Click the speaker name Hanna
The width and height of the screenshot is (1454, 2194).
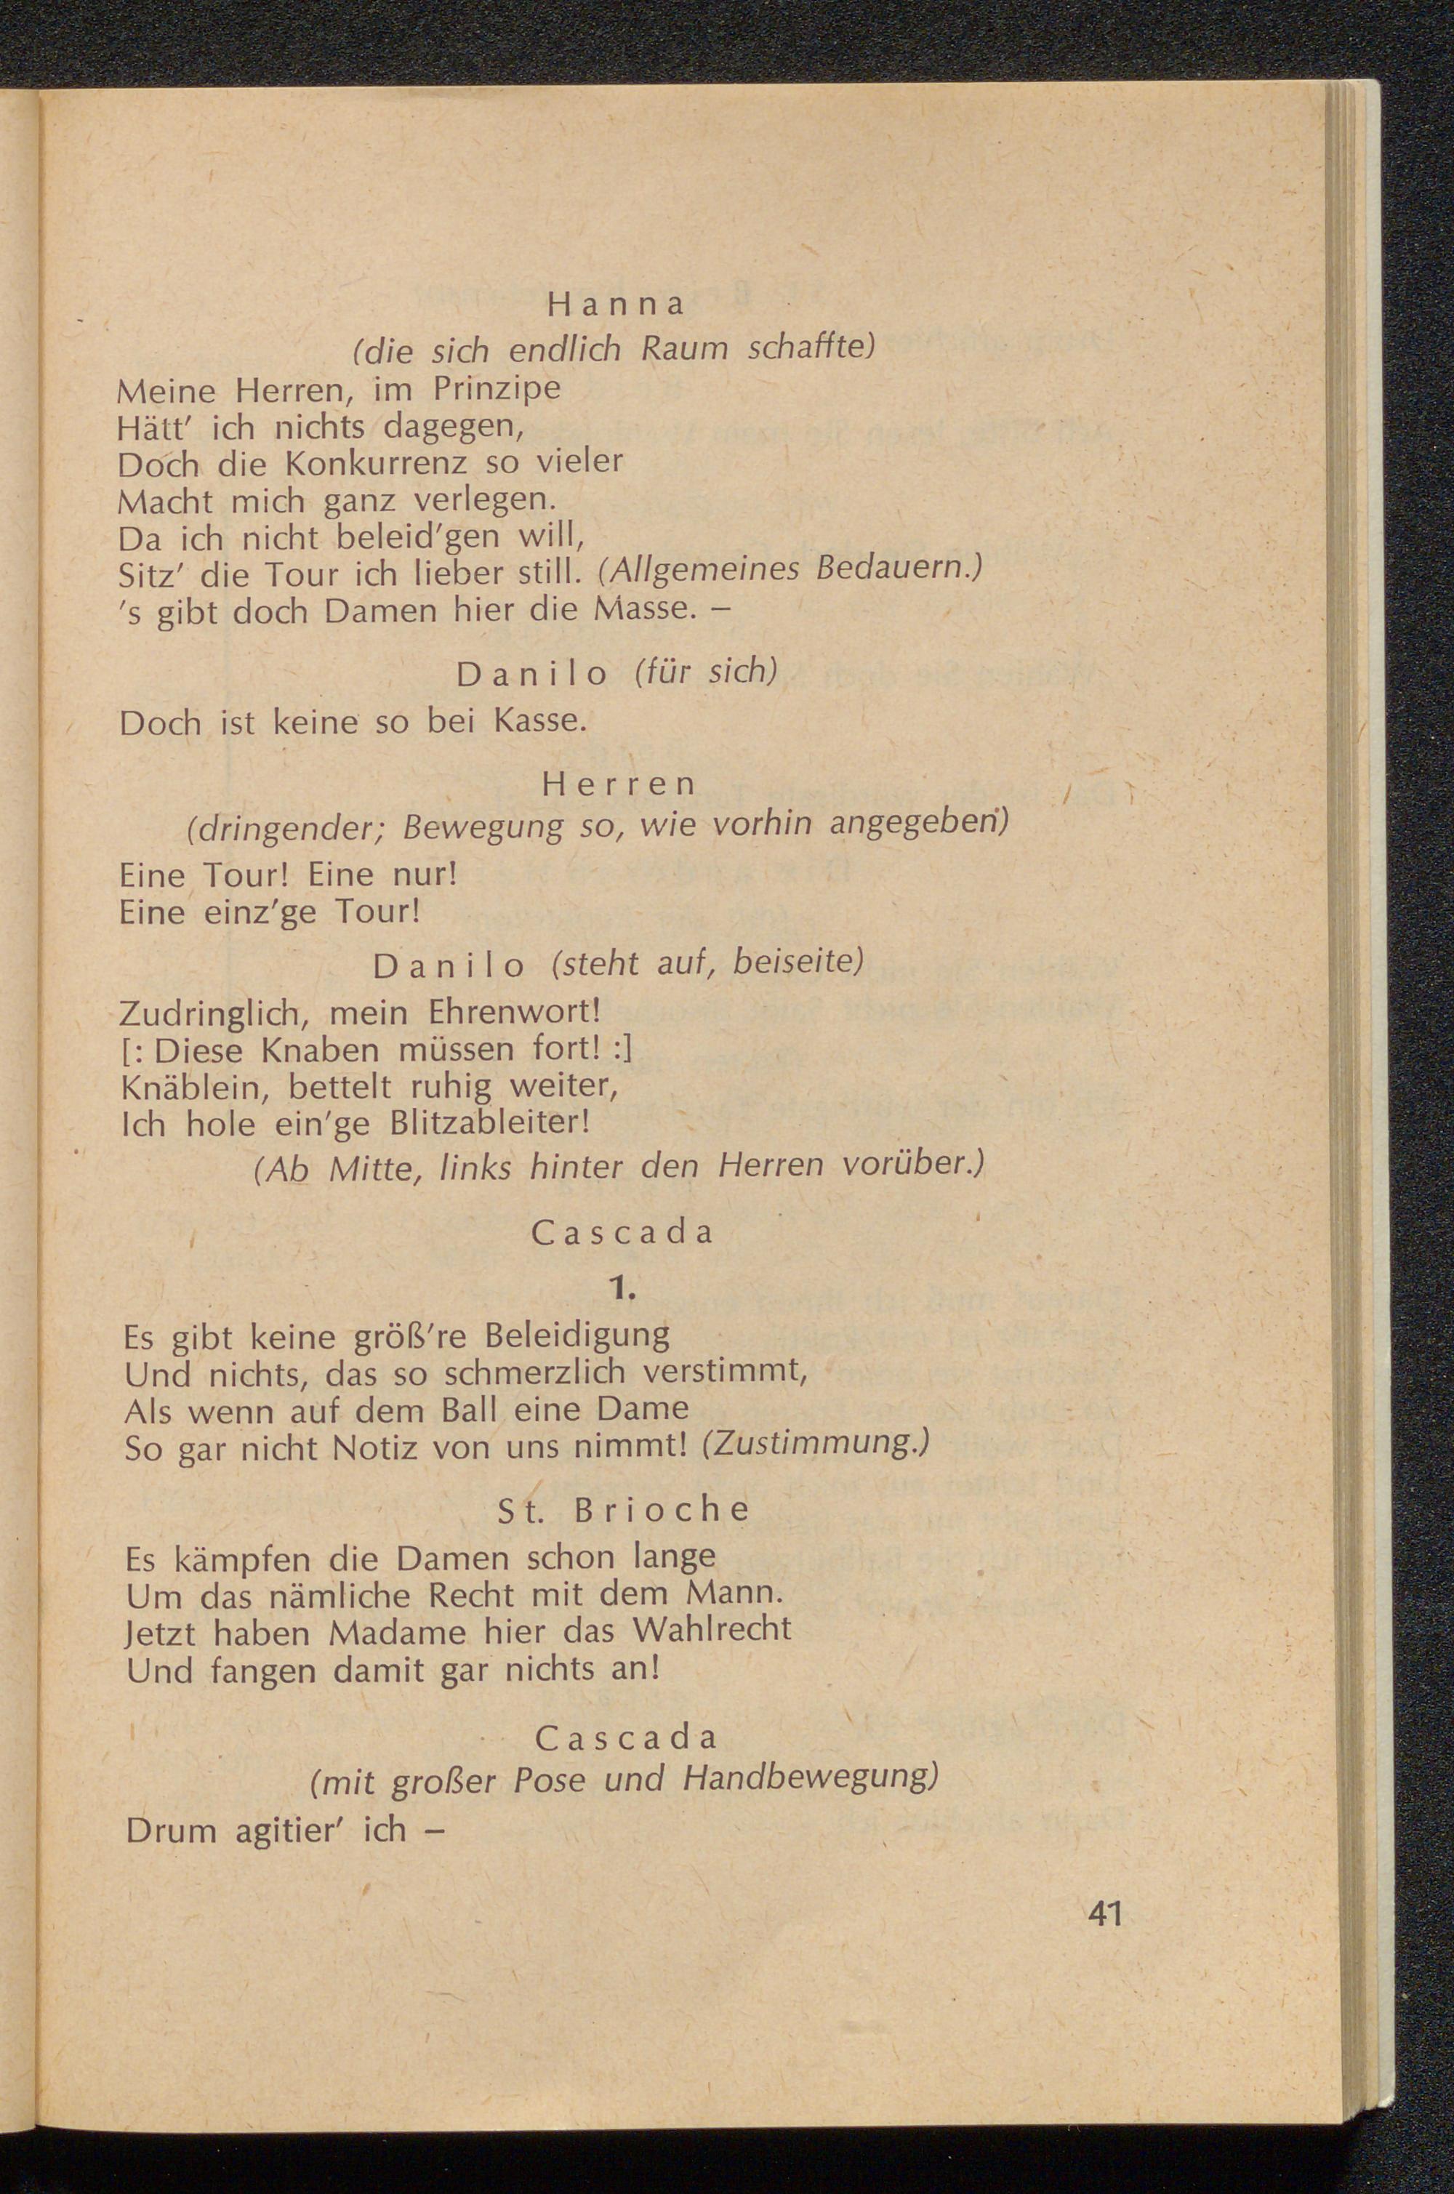615,304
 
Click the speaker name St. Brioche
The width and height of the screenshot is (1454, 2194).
623,1511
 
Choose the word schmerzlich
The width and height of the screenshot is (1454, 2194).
542,1373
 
